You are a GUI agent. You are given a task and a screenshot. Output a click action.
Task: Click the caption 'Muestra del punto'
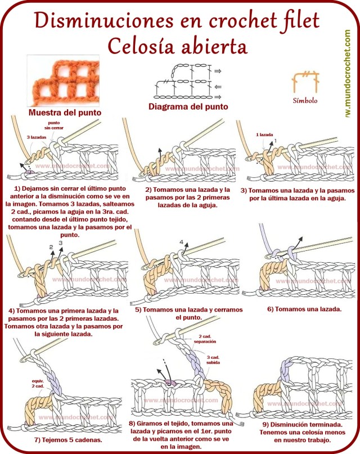click(65, 113)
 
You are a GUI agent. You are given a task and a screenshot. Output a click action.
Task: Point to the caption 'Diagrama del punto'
click(188, 106)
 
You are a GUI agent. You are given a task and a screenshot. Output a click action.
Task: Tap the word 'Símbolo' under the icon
click(305, 101)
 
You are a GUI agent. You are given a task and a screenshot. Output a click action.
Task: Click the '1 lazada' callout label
click(264, 134)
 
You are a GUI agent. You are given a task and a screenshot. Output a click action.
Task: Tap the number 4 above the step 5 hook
click(181, 242)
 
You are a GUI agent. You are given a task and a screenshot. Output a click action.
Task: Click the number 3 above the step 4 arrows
click(60, 243)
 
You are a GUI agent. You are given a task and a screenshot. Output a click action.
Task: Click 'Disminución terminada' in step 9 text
click(295, 424)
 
